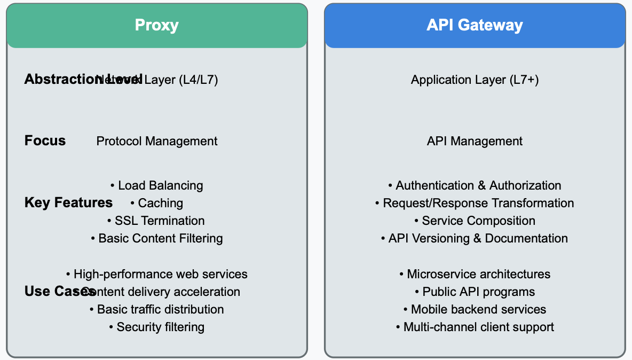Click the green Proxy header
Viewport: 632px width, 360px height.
pos(156,25)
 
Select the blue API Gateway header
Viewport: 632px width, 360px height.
pos(475,25)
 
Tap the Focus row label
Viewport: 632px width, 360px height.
pos(45,140)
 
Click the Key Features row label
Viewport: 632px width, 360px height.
pos(68,202)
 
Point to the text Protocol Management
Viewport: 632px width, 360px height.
pos(157,141)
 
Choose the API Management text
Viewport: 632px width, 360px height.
pos(475,141)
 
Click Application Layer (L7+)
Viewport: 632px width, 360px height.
pos(475,80)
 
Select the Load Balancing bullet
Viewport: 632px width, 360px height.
pos(157,185)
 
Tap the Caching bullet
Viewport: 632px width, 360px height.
pos(157,203)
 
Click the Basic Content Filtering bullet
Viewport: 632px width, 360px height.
pos(157,238)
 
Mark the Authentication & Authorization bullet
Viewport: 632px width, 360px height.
pos(475,185)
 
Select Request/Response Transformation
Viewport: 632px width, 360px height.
pos(475,203)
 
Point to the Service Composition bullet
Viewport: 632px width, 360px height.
pos(475,221)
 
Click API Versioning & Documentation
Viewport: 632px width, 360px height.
pos(475,238)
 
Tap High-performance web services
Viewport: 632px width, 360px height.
pos(157,274)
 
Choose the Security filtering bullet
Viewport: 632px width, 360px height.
pos(156,327)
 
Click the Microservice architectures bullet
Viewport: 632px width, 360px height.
pos(475,274)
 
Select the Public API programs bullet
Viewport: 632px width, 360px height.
pos(475,292)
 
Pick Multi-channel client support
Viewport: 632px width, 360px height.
pos(475,327)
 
